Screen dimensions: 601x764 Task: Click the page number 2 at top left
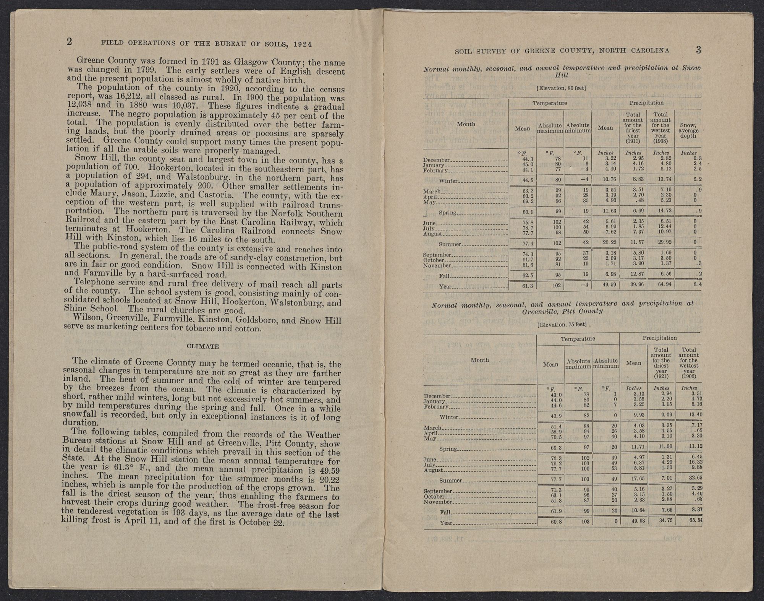click(x=69, y=42)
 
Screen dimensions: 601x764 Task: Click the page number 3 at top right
click(x=698, y=50)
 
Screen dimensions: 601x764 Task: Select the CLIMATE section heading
click(x=202, y=346)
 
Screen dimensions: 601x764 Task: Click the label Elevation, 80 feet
click(x=561, y=88)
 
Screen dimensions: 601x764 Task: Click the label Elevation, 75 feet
click(x=562, y=325)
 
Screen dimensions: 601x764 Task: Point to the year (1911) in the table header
click(x=633, y=141)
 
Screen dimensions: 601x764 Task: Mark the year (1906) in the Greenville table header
click(x=688, y=376)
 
